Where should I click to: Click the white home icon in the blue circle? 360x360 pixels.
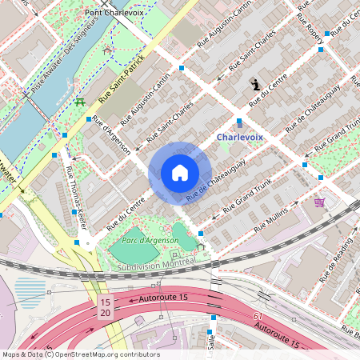pyautogui.click(x=180, y=173)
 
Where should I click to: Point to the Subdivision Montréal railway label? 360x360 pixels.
pyautogui.click(x=155, y=262)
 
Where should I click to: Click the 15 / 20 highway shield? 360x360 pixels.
pyautogui.click(x=105, y=307)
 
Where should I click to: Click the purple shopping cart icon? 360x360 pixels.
pyautogui.click(x=320, y=202)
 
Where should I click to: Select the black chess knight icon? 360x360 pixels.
pyautogui.click(x=255, y=83)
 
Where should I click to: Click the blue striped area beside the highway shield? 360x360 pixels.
pyautogui.click(x=31, y=292)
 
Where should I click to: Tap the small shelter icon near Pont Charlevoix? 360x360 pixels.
pyautogui.click(x=107, y=50)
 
